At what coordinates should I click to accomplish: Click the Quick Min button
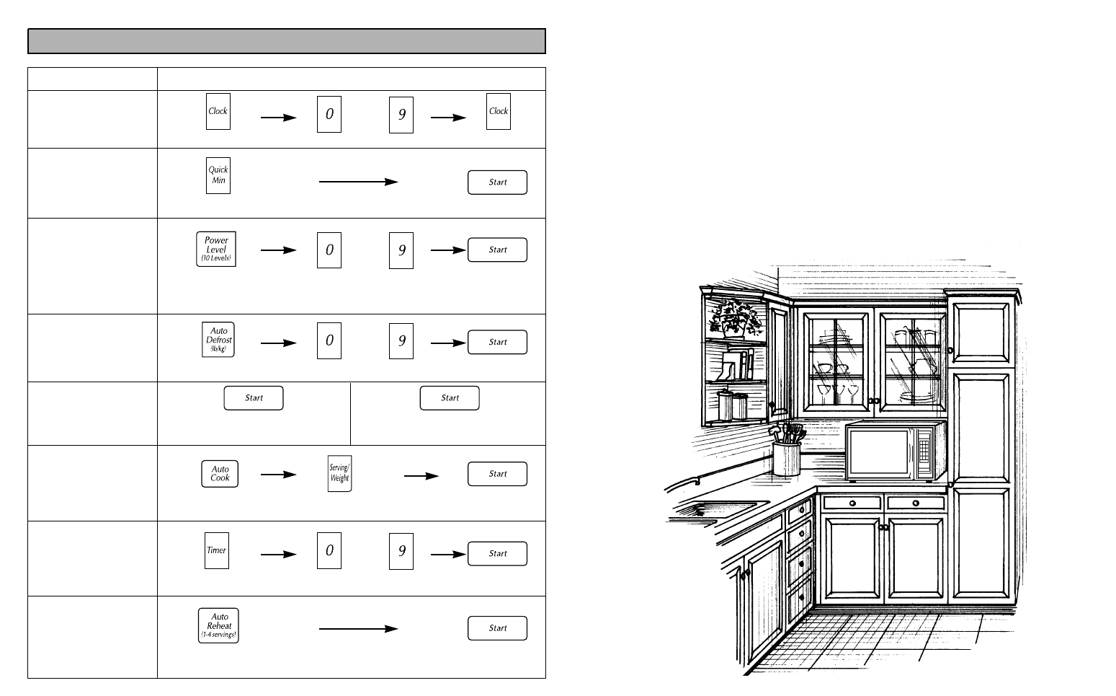218,175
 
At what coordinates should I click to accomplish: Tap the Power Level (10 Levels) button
216,250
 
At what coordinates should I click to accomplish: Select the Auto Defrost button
218,340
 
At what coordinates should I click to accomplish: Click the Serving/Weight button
339,474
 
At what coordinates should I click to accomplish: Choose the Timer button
217,550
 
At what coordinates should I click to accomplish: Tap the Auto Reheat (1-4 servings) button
218,626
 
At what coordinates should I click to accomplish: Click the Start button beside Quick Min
497,182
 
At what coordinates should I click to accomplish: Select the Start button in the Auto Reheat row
497,628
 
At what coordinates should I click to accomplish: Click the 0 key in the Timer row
329,551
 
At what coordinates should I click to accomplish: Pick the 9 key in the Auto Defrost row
401,340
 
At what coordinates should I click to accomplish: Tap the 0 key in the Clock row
329,115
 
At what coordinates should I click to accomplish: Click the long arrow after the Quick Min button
358,182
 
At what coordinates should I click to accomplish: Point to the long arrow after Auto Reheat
358,629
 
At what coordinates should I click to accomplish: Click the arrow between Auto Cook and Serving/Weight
278,475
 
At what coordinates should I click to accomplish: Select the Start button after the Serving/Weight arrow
497,474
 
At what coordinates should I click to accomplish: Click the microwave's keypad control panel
925,451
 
